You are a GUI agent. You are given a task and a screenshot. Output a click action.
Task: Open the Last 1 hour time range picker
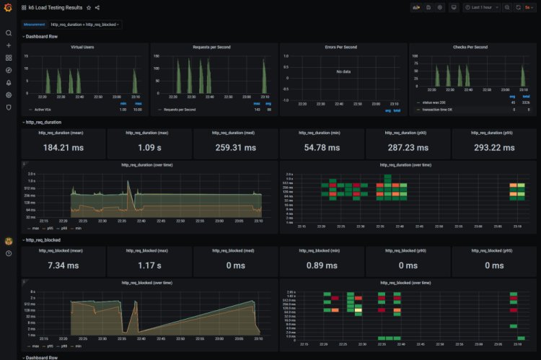[x=483, y=7]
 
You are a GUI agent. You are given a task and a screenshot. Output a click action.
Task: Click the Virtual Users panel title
[x=85, y=47]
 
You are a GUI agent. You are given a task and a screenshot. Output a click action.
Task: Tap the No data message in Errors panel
[x=343, y=72]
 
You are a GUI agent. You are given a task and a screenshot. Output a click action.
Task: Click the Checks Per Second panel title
[x=472, y=47]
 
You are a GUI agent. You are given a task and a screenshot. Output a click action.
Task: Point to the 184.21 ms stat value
[x=63, y=148]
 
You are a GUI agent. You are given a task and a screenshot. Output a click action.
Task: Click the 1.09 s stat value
[x=149, y=148]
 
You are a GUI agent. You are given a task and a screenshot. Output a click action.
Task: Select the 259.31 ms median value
[x=235, y=148]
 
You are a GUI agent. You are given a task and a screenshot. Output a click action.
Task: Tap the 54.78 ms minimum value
[x=322, y=148]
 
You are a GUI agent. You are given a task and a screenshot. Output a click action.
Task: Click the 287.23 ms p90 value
[x=408, y=148]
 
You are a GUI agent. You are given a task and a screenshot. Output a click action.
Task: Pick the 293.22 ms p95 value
[x=493, y=148]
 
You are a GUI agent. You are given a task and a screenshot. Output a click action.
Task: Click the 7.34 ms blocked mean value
[x=63, y=265]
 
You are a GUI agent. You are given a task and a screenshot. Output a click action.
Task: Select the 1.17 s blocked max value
[x=149, y=265]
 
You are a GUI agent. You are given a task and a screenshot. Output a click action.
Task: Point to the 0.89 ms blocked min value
[x=322, y=265]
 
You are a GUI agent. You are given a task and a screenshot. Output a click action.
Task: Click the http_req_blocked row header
[x=44, y=240]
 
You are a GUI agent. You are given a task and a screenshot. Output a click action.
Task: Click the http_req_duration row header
[x=44, y=122]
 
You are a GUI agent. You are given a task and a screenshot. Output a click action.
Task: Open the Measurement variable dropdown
[x=84, y=24]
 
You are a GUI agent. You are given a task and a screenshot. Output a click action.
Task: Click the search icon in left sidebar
[x=9, y=33]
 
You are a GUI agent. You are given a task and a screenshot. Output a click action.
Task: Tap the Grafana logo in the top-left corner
[x=9, y=8]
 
